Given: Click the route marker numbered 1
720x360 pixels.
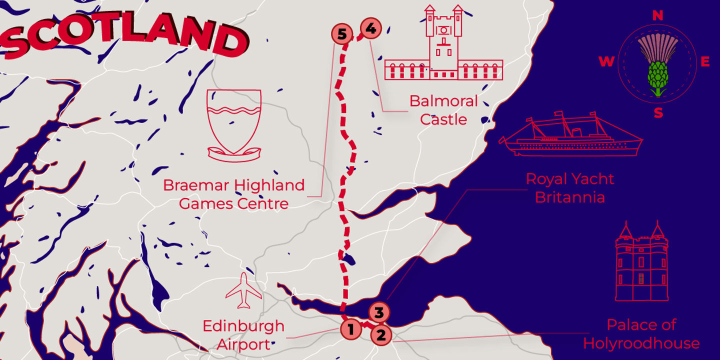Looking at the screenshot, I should coord(351,329).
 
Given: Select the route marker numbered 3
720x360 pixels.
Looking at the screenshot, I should coord(379,312).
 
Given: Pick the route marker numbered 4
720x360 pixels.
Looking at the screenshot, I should coord(370,29).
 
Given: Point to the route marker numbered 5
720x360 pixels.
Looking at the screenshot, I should coord(342,34).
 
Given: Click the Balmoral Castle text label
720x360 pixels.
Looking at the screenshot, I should coord(443,110).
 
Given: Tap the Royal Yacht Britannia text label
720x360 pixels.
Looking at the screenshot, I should coord(570,187).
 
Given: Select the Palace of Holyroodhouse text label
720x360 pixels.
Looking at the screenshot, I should coord(641,334).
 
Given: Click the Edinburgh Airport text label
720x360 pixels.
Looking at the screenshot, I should coord(243,335).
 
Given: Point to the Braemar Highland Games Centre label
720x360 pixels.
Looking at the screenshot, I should coord(233,194).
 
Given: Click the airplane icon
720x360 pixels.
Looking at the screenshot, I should coord(243,290).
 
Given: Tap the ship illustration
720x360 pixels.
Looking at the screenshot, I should coord(572,137).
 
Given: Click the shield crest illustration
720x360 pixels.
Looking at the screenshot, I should coord(234,125).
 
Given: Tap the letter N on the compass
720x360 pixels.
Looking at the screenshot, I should coord(657,16).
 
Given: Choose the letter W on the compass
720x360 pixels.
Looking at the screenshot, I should coord(606,62).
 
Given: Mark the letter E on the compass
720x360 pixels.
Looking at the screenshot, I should coord(705,62).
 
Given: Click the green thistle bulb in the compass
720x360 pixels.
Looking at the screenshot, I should coord(657,76).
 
